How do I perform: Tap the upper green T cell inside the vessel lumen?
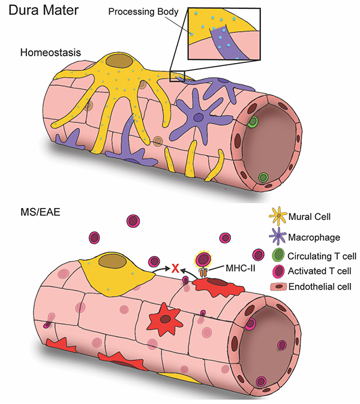254,122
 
